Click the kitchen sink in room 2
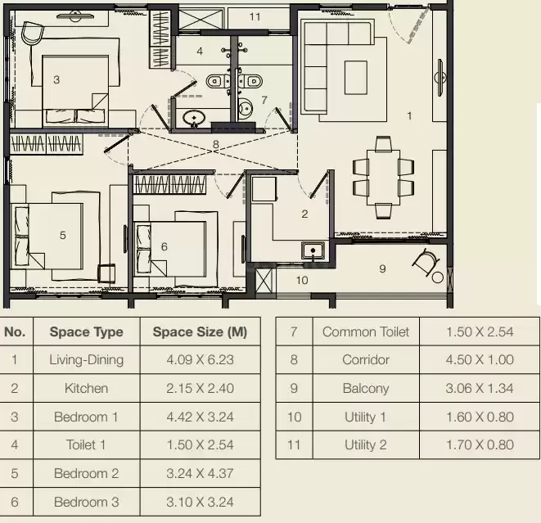(313, 250)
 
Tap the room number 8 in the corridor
(216, 144)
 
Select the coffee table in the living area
(356, 78)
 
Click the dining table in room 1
(383, 178)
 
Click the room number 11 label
(255, 17)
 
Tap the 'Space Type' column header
(86, 331)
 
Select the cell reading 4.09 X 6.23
(201, 360)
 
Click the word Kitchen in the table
(86, 389)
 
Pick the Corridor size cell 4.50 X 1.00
(480, 360)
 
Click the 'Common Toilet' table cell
(366, 331)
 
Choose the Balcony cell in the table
(366, 389)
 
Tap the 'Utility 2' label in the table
(366, 445)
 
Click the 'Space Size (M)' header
(201, 331)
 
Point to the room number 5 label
(62, 235)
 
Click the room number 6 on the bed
(165, 246)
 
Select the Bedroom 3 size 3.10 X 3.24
(201, 502)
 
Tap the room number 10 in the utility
(302, 280)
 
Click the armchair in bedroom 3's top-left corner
(33, 33)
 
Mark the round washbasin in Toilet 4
(194, 118)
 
